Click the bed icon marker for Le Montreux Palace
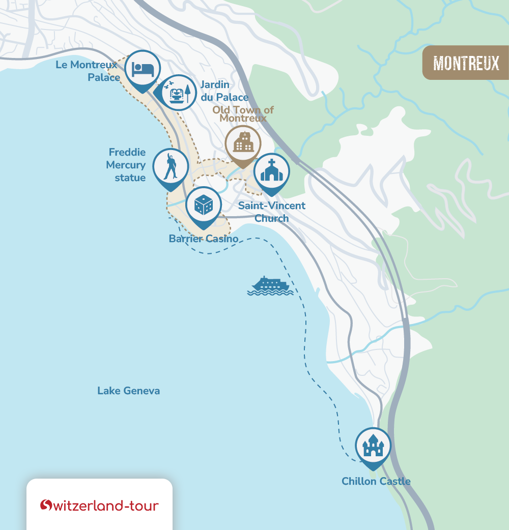point(143,69)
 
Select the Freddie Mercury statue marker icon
point(171,166)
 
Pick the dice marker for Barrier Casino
point(203,205)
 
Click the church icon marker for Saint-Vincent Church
point(271,171)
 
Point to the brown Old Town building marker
point(243,143)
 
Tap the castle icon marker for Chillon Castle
point(373,446)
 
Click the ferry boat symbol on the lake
point(270,286)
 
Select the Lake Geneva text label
point(128,391)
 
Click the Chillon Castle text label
point(376,481)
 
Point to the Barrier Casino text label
point(204,239)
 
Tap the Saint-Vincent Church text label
point(272,212)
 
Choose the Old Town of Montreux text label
point(243,114)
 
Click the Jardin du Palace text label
point(224,91)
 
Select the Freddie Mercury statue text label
point(126,165)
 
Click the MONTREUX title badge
point(466,63)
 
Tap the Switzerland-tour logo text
point(106,506)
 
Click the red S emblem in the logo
point(46,505)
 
